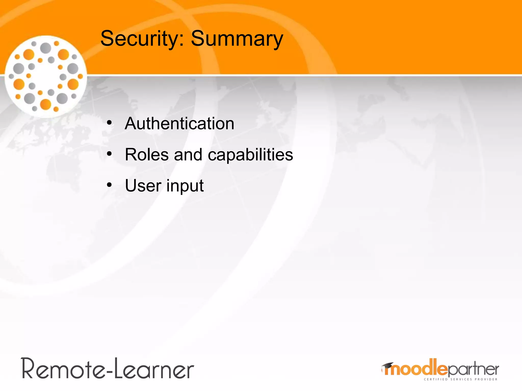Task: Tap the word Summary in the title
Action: (x=237, y=39)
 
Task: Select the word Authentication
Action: (x=179, y=124)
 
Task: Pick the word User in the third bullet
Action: (x=143, y=186)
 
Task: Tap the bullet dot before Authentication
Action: (x=109, y=123)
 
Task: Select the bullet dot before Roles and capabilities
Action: (x=109, y=154)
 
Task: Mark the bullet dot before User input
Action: (x=109, y=185)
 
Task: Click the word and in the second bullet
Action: (x=188, y=155)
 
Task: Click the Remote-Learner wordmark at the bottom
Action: (x=108, y=369)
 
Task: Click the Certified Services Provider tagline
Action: (x=460, y=379)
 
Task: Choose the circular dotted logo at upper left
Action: (x=46, y=76)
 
